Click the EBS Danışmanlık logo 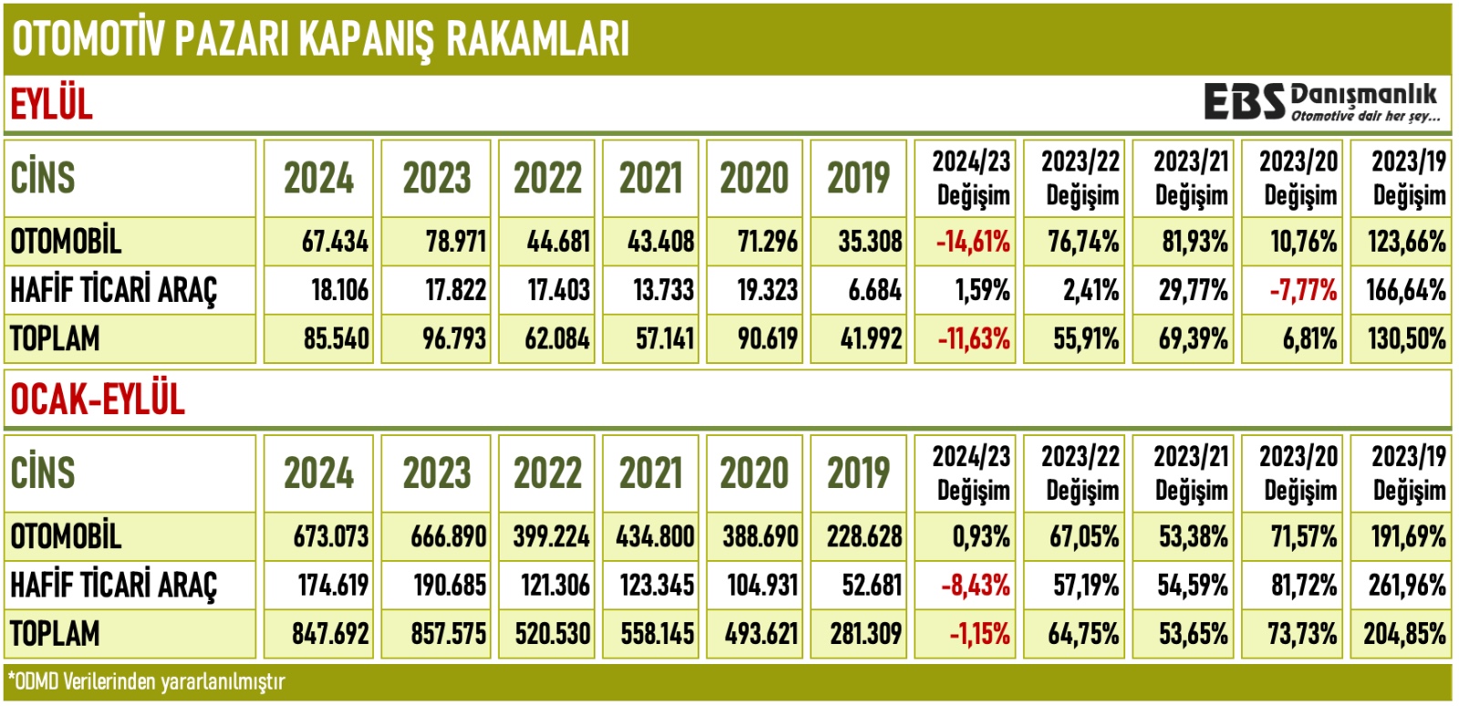click(x=1321, y=102)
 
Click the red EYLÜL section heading click(x=52, y=104)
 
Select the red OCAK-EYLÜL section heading click(x=98, y=400)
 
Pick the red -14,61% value click(x=973, y=242)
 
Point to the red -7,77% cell click(x=1302, y=290)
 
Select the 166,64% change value click(x=1405, y=290)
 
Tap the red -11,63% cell click(x=973, y=339)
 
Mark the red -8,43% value click(x=975, y=585)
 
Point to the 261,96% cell click(x=1406, y=585)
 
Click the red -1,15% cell click(x=978, y=634)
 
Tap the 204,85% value click(x=1404, y=634)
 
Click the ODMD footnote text click(x=146, y=682)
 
